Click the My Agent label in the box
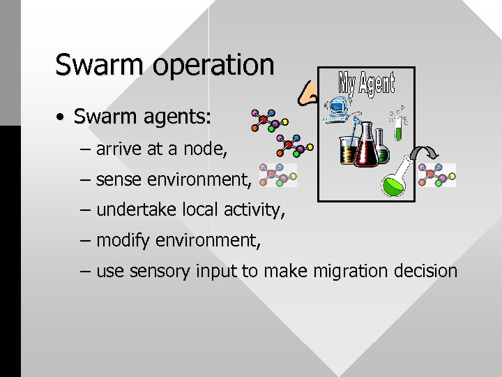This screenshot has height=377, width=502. [366, 84]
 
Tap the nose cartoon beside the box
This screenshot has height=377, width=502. [307, 92]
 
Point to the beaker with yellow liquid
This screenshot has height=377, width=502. [347, 149]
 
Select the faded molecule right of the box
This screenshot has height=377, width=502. [437, 175]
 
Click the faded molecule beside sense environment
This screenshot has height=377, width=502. [277, 176]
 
